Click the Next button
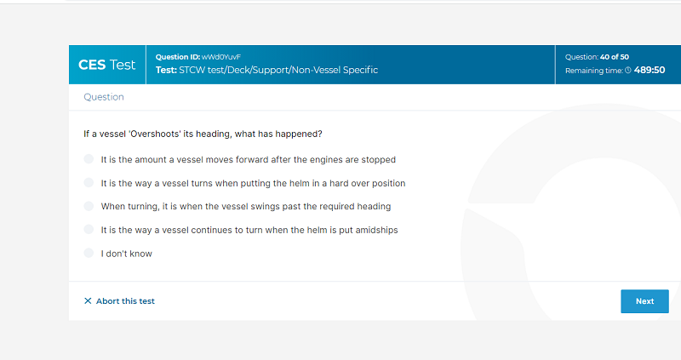pyautogui.click(x=644, y=301)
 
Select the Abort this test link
pyautogui.click(x=125, y=301)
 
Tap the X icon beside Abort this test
pyautogui.click(x=88, y=301)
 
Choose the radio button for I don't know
pyautogui.click(x=89, y=253)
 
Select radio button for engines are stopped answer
pyautogui.click(x=89, y=159)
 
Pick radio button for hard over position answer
pyautogui.click(x=89, y=182)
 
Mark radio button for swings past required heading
pyautogui.click(x=89, y=206)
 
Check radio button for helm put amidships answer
pyautogui.click(x=89, y=229)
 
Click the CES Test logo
pyautogui.click(x=107, y=65)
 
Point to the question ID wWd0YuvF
pyautogui.click(x=221, y=57)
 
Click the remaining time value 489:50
pyautogui.click(x=650, y=70)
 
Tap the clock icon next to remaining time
pyautogui.click(x=628, y=71)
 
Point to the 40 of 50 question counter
pyautogui.click(x=615, y=57)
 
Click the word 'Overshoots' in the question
pyautogui.click(x=155, y=134)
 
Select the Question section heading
pyautogui.click(x=104, y=97)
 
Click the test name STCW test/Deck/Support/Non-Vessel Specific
pyautogui.click(x=278, y=70)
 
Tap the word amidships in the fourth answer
pyautogui.click(x=376, y=230)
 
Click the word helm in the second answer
pyautogui.click(x=300, y=183)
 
